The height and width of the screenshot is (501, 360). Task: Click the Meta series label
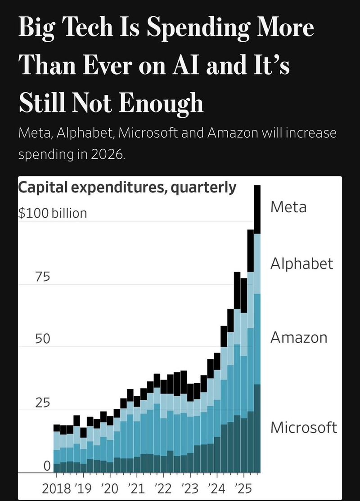coord(288,207)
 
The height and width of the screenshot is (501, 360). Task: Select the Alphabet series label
coord(301,264)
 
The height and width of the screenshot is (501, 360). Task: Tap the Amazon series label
coord(299,337)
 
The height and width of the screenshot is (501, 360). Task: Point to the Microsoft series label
coord(303,427)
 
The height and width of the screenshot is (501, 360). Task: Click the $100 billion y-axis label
coord(52,213)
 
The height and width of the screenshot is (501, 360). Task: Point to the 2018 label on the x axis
coord(56,488)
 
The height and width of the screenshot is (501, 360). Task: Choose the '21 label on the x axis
coord(135,488)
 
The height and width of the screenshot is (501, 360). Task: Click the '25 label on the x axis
coord(243,488)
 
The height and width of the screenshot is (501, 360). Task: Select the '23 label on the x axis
coord(189,488)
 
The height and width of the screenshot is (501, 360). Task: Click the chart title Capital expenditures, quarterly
coord(127,187)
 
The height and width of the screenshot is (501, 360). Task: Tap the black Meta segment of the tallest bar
coord(258,209)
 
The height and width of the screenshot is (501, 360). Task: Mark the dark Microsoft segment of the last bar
coord(258,427)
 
